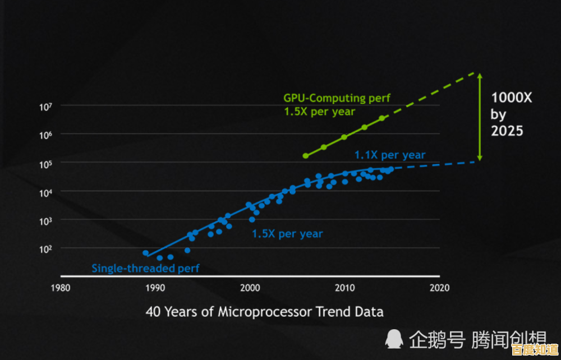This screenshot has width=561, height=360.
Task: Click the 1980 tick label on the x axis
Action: pyautogui.click(x=60, y=288)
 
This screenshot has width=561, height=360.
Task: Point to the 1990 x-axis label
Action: pyautogui.click(x=155, y=288)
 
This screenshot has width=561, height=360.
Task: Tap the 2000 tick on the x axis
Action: pyautogui.click(x=250, y=288)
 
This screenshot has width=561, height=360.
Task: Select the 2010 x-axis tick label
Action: pyautogui.click(x=344, y=288)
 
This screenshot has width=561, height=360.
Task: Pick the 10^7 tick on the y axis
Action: pyautogui.click(x=45, y=107)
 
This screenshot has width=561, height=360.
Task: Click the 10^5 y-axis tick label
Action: pyautogui.click(x=45, y=164)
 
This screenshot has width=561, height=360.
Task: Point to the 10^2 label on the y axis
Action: pyautogui.click(x=45, y=248)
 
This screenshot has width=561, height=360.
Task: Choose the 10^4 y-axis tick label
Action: pyautogui.click(x=45, y=192)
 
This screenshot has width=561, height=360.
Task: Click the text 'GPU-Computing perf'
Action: pyautogui.click(x=337, y=98)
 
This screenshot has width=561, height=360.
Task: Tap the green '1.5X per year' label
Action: pyautogui.click(x=319, y=112)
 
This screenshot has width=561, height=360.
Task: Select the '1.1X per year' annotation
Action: pyautogui.click(x=390, y=155)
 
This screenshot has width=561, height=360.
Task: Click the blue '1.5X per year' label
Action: pyautogui.click(x=287, y=233)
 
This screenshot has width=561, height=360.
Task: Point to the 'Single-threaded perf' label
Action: pyautogui.click(x=145, y=269)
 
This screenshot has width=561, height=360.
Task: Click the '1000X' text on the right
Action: pyautogui.click(x=511, y=98)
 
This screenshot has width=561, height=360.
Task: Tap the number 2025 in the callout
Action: pyautogui.click(x=507, y=131)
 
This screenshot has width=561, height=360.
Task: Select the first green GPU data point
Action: pyautogui.click(x=306, y=155)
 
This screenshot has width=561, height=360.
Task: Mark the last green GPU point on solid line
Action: pyautogui.click(x=382, y=118)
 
